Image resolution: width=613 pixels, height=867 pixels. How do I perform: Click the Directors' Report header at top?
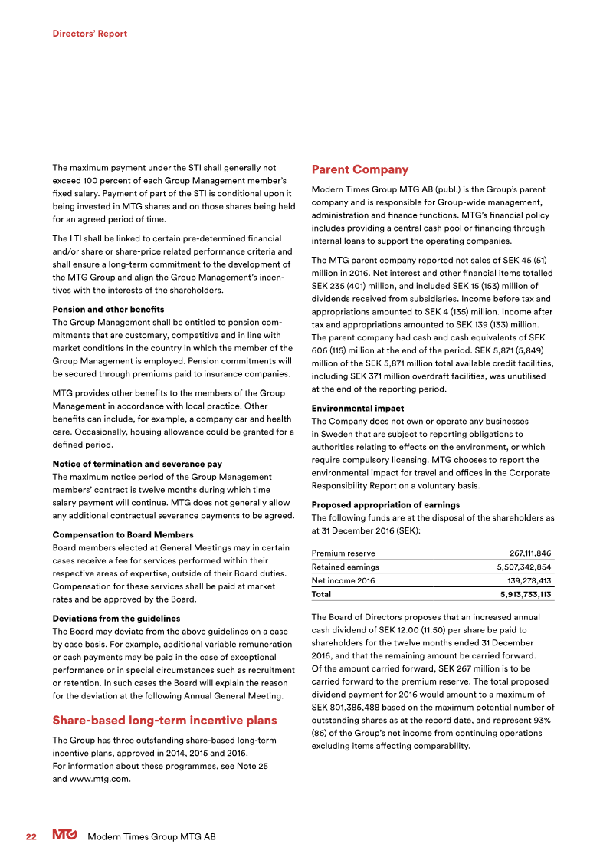tap(90, 34)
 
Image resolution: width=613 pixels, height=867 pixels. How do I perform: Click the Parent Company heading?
tap(359, 169)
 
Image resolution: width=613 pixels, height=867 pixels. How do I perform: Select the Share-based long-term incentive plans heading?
tap(164, 720)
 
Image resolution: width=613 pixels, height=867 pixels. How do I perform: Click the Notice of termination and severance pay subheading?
tap(137, 464)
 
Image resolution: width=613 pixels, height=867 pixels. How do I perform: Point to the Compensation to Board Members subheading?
tap(123, 534)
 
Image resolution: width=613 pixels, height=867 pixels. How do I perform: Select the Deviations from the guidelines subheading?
tap(116, 618)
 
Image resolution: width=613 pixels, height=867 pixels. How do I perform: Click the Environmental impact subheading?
tap(358, 409)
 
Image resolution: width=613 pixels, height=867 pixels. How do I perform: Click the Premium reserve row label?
tap(343, 553)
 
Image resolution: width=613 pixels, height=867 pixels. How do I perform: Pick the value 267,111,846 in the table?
tap(529, 553)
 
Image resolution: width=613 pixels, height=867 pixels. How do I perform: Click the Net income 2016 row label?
tap(343, 581)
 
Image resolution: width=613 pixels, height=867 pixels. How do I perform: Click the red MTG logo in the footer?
tap(64, 836)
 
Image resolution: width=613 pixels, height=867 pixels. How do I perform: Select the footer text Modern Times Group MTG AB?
tap(152, 836)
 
